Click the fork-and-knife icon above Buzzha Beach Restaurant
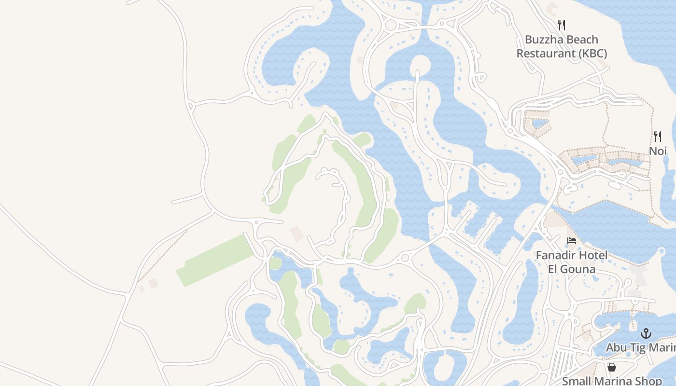tap(562, 25)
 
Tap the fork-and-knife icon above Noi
tap(658, 136)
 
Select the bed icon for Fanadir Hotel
tap(572, 240)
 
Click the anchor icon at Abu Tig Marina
tap(646, 333)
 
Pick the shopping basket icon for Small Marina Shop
tap(612, 368)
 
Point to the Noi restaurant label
tap(658, 151)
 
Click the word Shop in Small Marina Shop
tap(649, 381)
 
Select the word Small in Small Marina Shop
tap(577, 381)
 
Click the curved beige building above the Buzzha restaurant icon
tap(553, 8)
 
